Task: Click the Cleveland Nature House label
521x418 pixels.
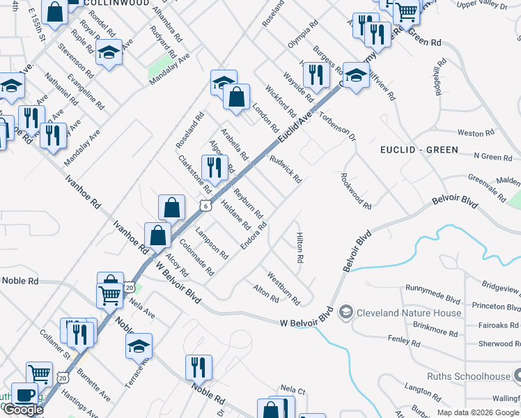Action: click(408, 313)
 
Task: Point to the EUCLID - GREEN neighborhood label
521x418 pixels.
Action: click(419, 150)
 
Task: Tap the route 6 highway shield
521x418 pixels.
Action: click(203, 205)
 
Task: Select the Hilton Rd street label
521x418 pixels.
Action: click(300, 248)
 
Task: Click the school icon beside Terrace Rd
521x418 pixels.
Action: click(139, 346)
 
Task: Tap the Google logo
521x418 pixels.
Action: click(23, 410)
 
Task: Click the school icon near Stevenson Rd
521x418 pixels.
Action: click(109, 52)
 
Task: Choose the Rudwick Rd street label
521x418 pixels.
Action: click(286, 169)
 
